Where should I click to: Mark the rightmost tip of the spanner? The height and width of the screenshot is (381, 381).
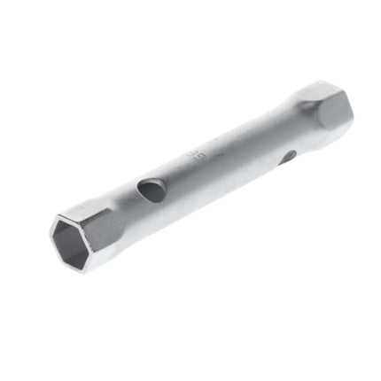tap(354, 111)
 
